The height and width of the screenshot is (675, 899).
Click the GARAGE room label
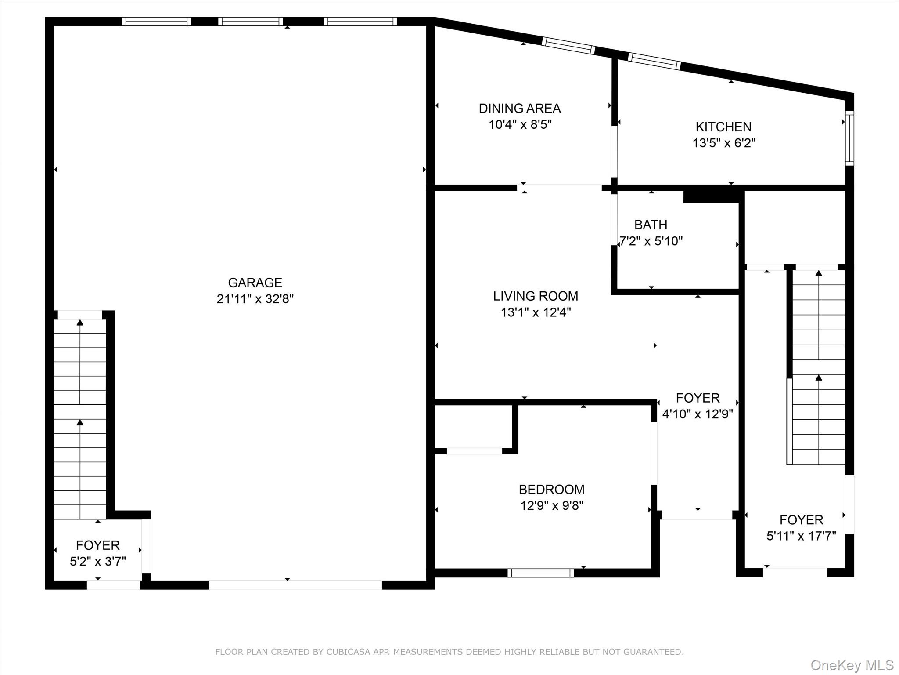(x=255, y=283)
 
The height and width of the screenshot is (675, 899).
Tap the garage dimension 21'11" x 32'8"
(x=255, y=299)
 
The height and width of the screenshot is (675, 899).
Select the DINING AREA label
(x=520, y=108)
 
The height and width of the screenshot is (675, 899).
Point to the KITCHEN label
(x=723, y=127)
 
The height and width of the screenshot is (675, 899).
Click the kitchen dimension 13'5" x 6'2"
(x=723, y=143)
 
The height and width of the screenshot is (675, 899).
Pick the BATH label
(x=651, y=225)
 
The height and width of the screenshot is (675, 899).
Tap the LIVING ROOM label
(x=536, y=296)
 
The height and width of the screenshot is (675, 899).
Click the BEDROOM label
(x=551, y=490)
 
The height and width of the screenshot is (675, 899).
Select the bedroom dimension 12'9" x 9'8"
(x=551, y=506)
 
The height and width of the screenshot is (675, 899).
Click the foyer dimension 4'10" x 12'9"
(x=698, y=414)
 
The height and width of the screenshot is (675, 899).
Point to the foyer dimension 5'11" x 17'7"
(x=801, y=536)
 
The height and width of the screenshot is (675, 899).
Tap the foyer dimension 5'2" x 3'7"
(x=98, y=562)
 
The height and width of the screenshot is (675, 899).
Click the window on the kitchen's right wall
(x=849, y=138)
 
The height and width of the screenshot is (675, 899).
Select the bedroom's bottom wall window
(x=540, y=573)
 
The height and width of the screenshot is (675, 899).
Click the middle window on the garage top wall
(x=251, y=22)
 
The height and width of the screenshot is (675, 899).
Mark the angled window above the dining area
(x=568, y=46)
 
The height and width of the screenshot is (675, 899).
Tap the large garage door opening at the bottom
(x=295, y=585)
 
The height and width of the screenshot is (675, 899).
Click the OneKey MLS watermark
(x=852, y=665)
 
